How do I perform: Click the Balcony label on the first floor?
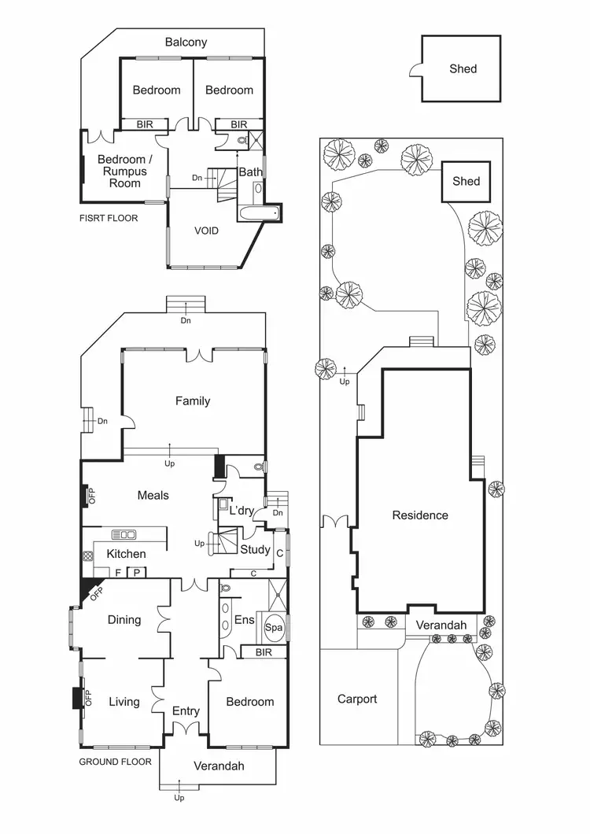(186, 42)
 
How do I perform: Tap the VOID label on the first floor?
(206, 231)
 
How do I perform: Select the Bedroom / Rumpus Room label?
(123, 171)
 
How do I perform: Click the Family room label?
(193, 400)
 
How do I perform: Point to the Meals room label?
(153, 495)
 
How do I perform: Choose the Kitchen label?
(127, 554)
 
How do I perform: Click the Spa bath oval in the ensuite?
(273, 628)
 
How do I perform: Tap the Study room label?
(255, 549)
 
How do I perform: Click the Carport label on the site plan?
(357, 699)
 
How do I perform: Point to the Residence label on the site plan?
(420, 515)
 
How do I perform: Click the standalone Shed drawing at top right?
(462, 68)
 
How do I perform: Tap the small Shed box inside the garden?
(466, 181)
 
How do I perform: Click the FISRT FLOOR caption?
(109, 218)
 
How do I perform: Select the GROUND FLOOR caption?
(116, 762)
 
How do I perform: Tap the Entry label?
(186, 710)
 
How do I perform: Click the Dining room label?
(124, 619)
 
